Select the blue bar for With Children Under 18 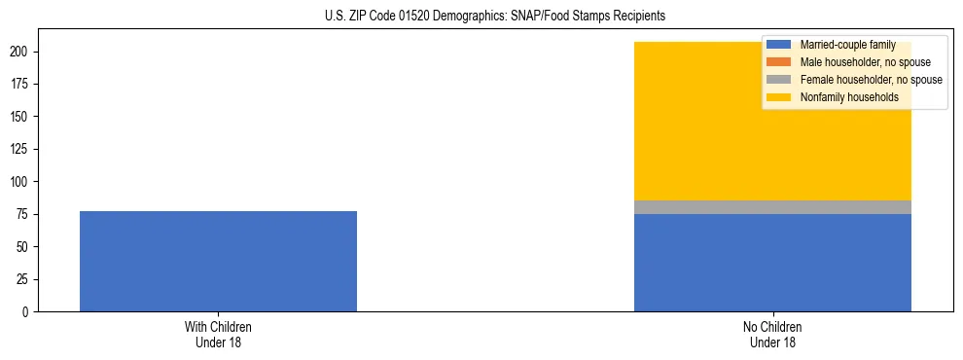[x=218, y=261]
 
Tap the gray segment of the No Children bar [x=772, y=207]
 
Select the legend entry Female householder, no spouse [x=871, y=80]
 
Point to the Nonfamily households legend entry [x=849, y=97]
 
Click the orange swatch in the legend [x=780, y=62]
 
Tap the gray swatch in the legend [x=780, y=80]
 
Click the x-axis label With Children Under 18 [x=218, y=334]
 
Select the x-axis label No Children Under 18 [x=772, y=334]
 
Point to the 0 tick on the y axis [x=28, y=312]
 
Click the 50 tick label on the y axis [x=25, y=247]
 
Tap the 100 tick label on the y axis [x=22, y=182]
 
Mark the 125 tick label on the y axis [x=22, y=149]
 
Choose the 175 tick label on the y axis [x=22, y=84]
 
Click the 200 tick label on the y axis [x=22, y=52]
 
